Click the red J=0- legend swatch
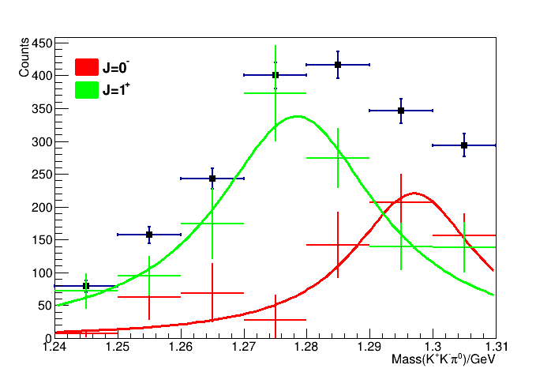click(86, 67)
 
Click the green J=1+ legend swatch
click(86, 89)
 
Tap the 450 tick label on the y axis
click(42, 43)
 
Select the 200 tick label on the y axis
click(42, 207)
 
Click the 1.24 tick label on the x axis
click(54, 347)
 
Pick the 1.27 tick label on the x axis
click(243, 347)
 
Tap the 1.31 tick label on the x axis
click(495, 347)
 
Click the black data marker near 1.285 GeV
click(338, 65)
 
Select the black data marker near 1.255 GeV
click(149, 235)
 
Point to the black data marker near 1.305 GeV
click(464, 145)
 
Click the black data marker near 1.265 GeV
click(212, 179)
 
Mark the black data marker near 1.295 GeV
click(401, 111)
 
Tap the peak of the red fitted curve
click(414, 193)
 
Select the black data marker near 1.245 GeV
click(86, 286)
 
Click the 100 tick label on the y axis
click(42, 273)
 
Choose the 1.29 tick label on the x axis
click(369, 347)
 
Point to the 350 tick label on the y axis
click(42, 108)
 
